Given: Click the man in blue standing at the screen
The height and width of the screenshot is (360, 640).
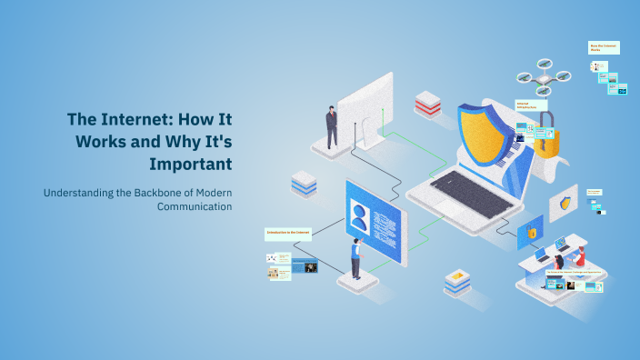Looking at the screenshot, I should tap(355, 258).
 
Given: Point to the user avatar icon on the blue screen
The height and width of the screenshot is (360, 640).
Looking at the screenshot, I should tap(360, 217).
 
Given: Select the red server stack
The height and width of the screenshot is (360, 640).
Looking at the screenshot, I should tap(427, 104).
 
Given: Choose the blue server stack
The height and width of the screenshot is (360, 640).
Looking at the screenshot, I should tap(304, 185).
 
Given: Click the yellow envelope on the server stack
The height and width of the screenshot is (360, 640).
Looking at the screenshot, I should tap(458, 274).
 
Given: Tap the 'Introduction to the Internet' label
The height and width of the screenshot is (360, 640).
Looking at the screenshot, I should tap(288, 233).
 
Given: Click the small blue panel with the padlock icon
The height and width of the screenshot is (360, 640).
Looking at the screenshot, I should tap(531, 233).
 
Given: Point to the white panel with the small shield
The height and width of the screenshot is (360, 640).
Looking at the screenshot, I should tap(565, 202).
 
